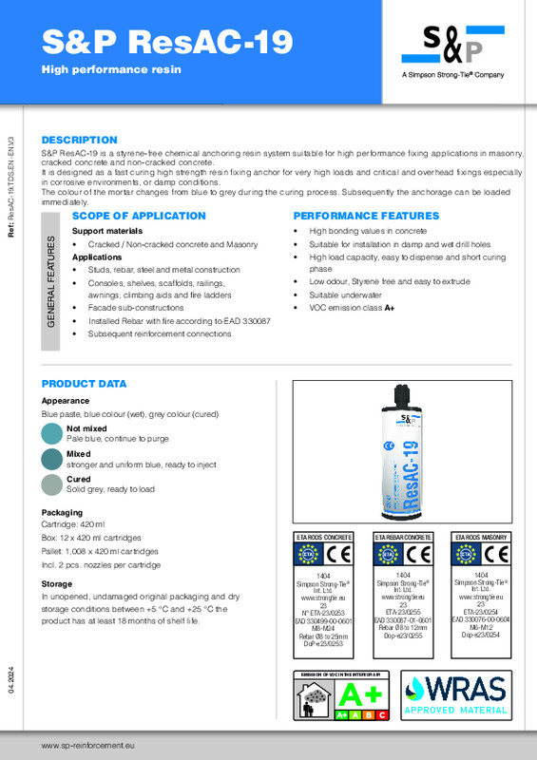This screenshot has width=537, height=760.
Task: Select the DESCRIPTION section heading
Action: click(80, 140)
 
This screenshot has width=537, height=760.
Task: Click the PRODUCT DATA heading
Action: click(84, 384)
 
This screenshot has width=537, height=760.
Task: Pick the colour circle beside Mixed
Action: click(52, 460)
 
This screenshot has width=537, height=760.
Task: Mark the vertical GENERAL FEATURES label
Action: click(53, 281)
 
